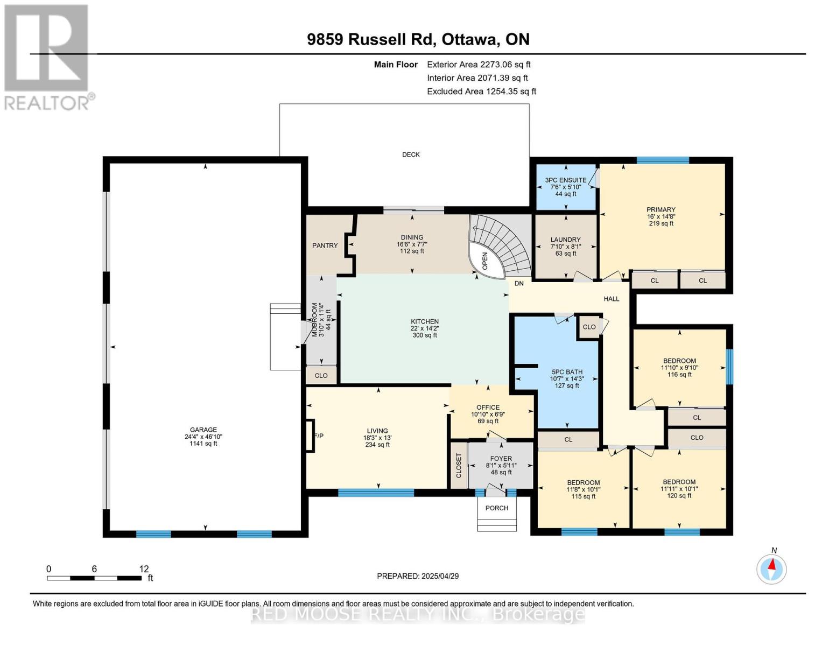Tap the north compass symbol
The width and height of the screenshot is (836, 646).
[x=771, y=569]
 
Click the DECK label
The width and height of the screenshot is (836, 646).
[x=411, y=155]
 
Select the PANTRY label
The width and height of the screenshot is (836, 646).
[x=325, y=245]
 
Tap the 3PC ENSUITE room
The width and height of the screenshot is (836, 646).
[x=566, y=187]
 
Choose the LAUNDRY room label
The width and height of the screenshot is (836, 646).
[x=565, y=240]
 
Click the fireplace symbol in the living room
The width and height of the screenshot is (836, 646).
[x=310, y=435]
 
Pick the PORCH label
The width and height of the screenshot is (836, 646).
[x=497, y=508]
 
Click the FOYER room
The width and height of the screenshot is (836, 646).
[x=501, y=465]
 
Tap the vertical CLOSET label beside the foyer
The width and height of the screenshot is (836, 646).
[x=459, y=466]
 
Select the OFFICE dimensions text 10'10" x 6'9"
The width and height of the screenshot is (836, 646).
[x=488, y=415]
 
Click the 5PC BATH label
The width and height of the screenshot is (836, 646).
[x=567, y=372]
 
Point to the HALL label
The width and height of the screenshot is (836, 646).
[x=612, y=299]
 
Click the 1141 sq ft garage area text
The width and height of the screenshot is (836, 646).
[x=203, y=444]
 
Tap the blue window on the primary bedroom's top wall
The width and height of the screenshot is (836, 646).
[x=663, y=160]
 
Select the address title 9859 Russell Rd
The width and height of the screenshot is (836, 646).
[x=371, y=39]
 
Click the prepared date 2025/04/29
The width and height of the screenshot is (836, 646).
[x=440, y=577]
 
